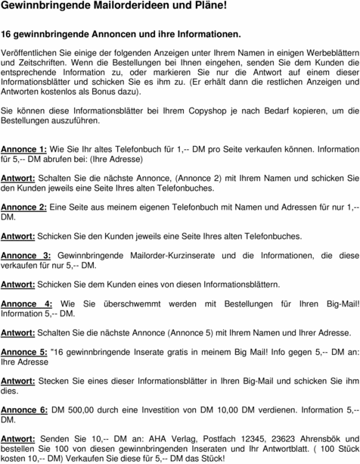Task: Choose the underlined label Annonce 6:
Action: tap(23, 410)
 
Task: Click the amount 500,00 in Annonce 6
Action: tap(82, 410)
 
